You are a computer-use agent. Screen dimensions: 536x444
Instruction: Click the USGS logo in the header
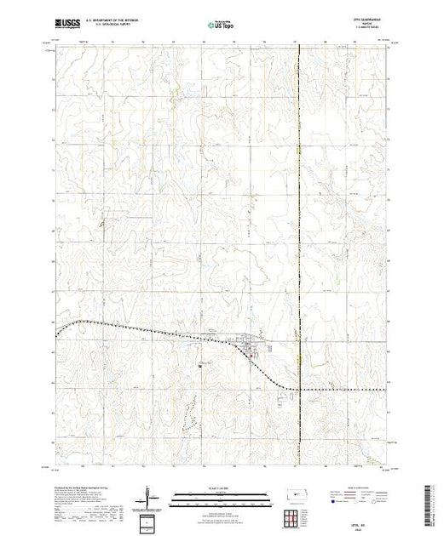pyautogui.click(x=65, y=24)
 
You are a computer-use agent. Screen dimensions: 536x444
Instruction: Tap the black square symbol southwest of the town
pyautogui.click(x=201, y=364)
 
